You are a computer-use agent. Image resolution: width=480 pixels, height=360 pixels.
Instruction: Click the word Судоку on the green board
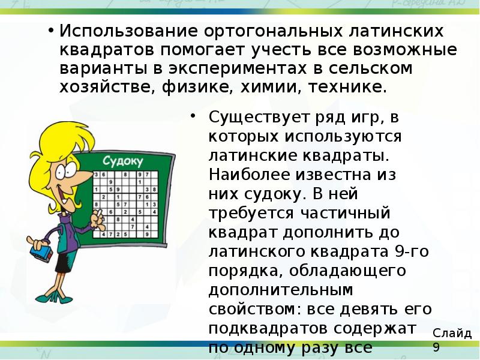122,161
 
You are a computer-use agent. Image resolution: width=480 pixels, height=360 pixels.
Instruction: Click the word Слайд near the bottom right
452,333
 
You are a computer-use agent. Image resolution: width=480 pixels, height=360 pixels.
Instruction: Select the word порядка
245,271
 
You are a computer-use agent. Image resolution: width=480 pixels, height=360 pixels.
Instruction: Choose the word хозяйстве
106,87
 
